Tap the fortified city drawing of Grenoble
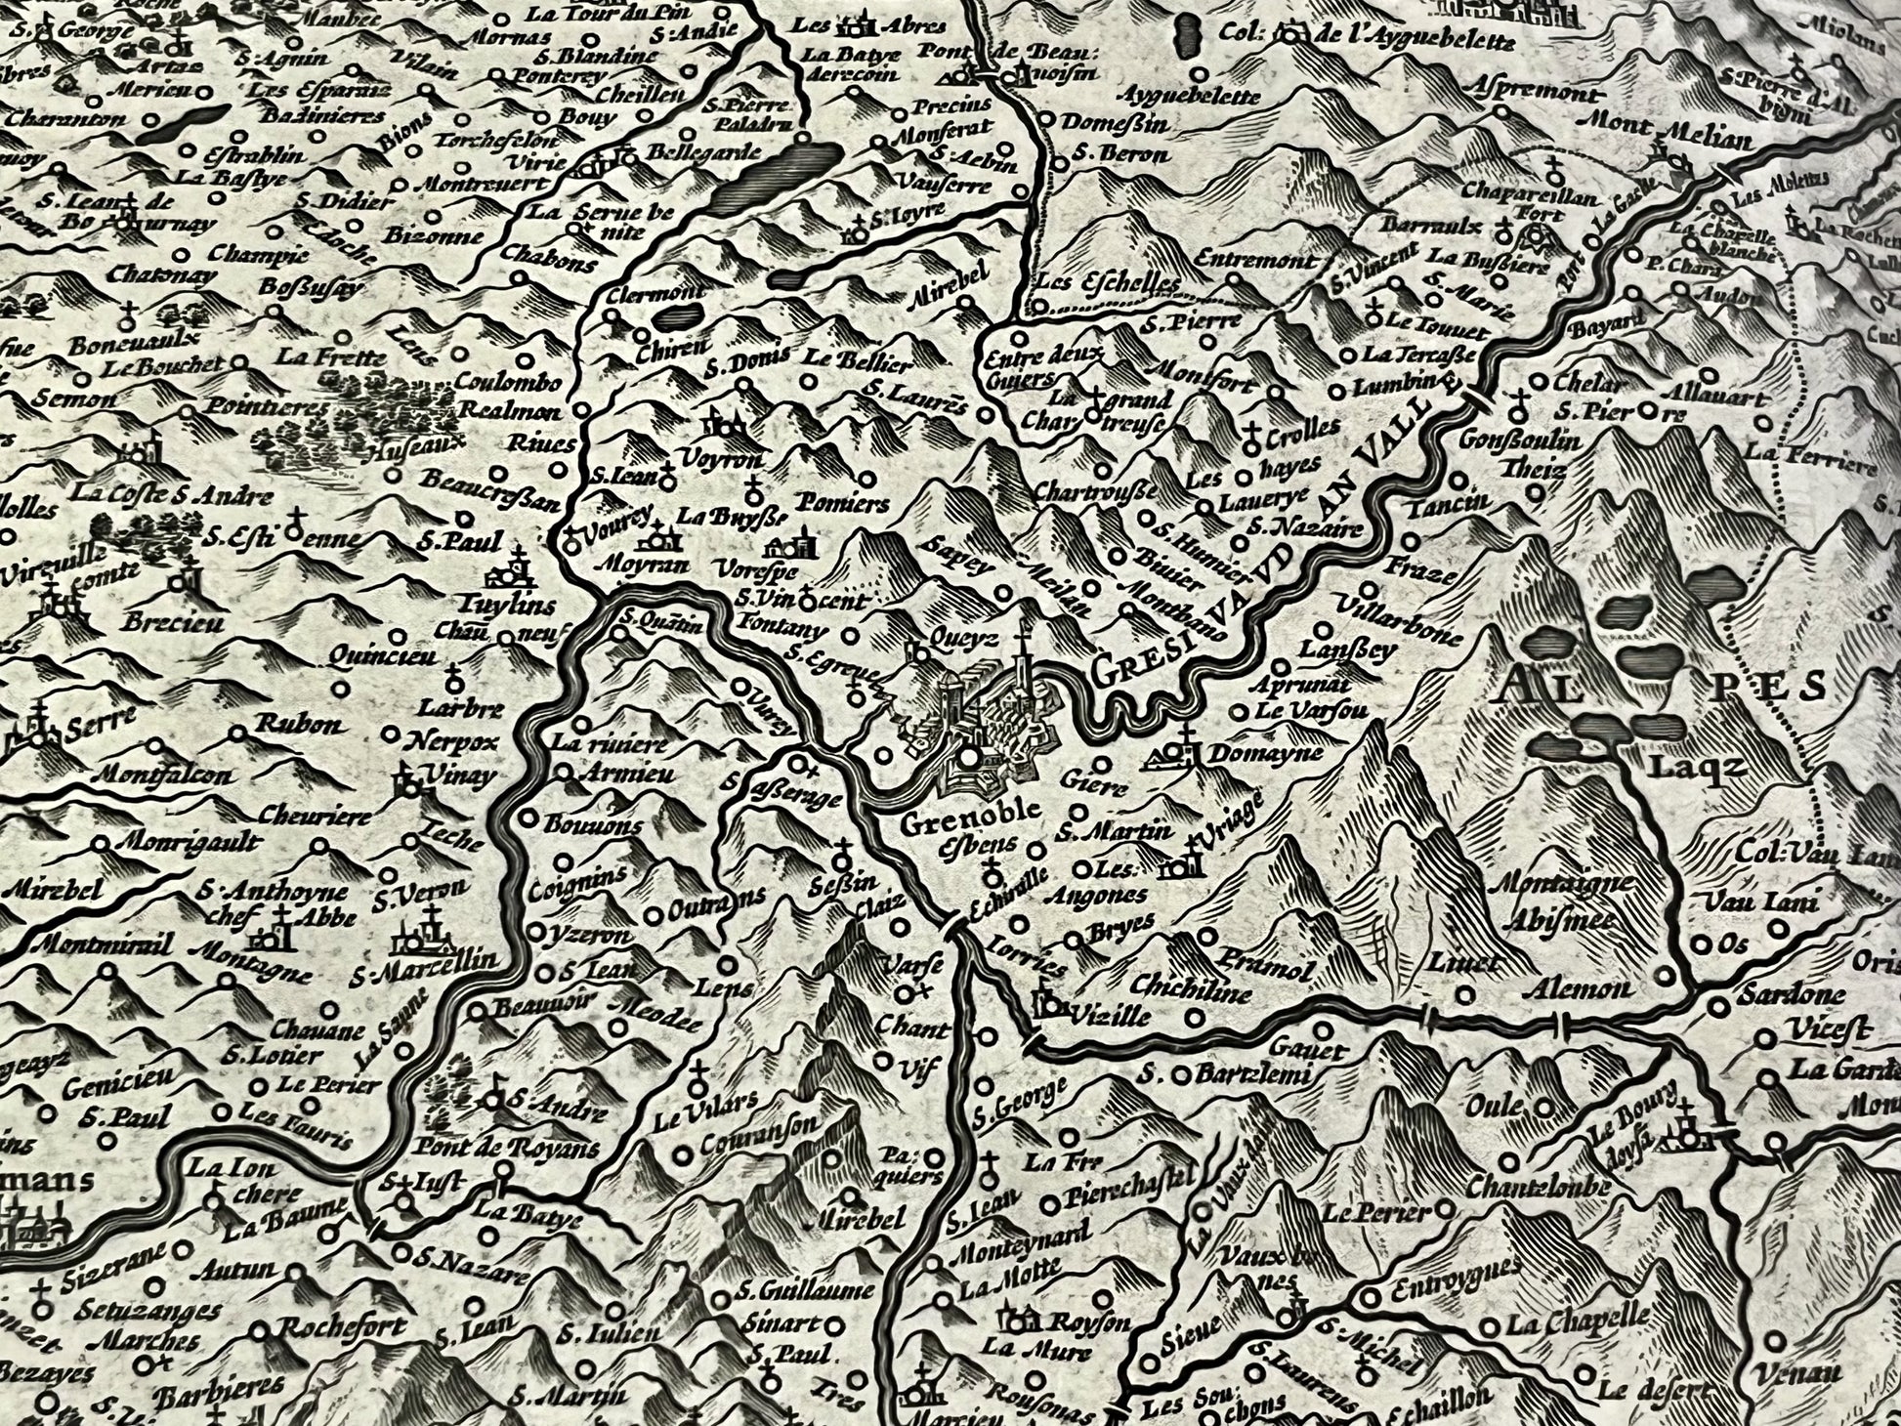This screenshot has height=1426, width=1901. tap(977, 723)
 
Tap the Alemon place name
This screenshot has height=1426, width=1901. tap(1588, 987)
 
